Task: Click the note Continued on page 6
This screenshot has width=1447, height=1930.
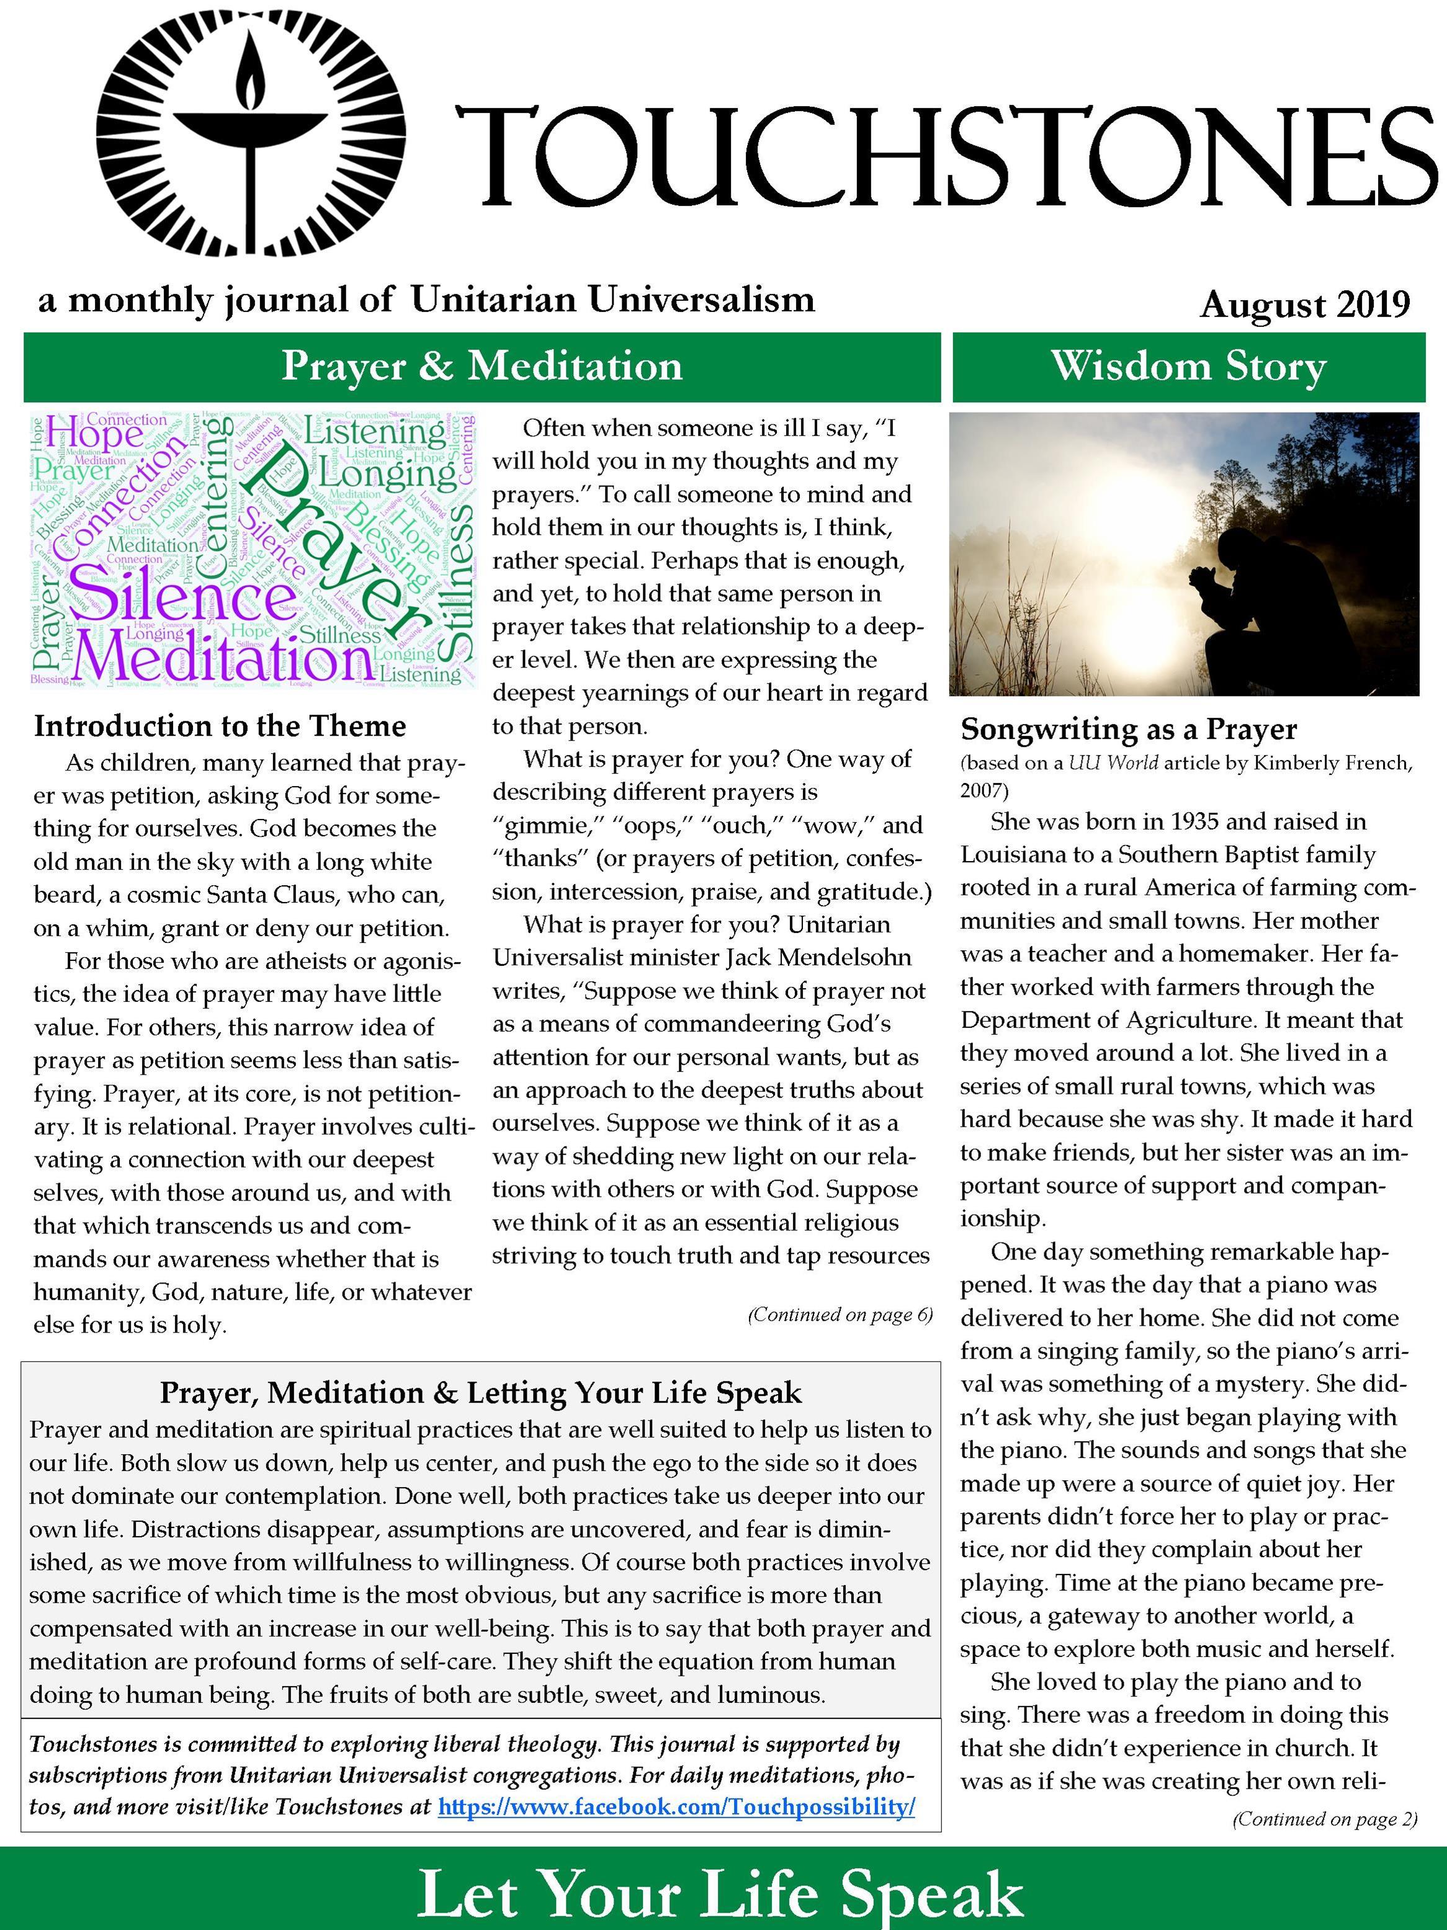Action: pyautogui.click(x=840, y=1315)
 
